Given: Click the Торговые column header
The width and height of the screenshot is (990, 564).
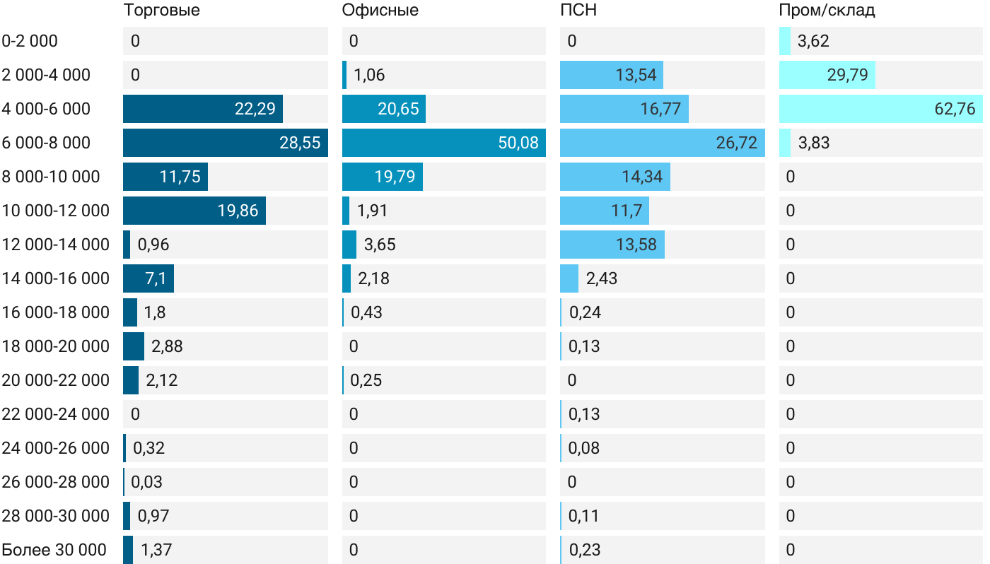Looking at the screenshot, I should [x=161, y=11].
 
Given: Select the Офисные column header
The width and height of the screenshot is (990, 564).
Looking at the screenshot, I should [x=380, y=11].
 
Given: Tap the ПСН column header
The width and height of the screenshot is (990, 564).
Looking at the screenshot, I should [x=578, y=11].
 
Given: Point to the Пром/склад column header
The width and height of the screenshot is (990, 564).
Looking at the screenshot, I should [x=827, y=11].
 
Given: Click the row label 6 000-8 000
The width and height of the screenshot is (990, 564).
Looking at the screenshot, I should [x=47, y=143].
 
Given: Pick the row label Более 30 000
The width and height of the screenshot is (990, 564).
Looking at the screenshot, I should [x=54, y=550].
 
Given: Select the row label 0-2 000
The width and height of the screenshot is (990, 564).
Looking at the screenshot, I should [x=30, y=41].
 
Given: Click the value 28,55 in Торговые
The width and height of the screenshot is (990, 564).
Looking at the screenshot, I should [x=300, y=143].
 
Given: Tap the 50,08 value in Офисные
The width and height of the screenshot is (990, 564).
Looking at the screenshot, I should [x=518, y=143].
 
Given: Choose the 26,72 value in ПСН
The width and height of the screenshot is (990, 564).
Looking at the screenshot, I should [x=736, y=143].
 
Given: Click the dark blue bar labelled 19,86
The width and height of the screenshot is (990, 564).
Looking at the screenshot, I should [x=194, y=211].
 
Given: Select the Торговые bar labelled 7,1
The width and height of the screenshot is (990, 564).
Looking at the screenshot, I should [x=148, y=278].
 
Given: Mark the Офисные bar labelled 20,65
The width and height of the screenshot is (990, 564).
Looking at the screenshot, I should [x=384, y=109].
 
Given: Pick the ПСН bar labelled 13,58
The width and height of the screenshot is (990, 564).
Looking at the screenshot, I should [x=612, y=245].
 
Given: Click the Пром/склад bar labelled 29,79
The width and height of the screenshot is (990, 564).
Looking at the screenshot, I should [x=827, y=75].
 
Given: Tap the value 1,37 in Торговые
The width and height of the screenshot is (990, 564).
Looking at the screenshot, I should [x=156, y=550].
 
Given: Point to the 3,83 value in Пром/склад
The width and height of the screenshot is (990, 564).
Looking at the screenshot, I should [x=813, y=143].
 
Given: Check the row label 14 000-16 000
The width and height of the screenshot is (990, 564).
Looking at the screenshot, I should [x=56, y=278].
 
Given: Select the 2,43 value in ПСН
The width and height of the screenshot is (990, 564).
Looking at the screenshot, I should [x=602, y=278].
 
